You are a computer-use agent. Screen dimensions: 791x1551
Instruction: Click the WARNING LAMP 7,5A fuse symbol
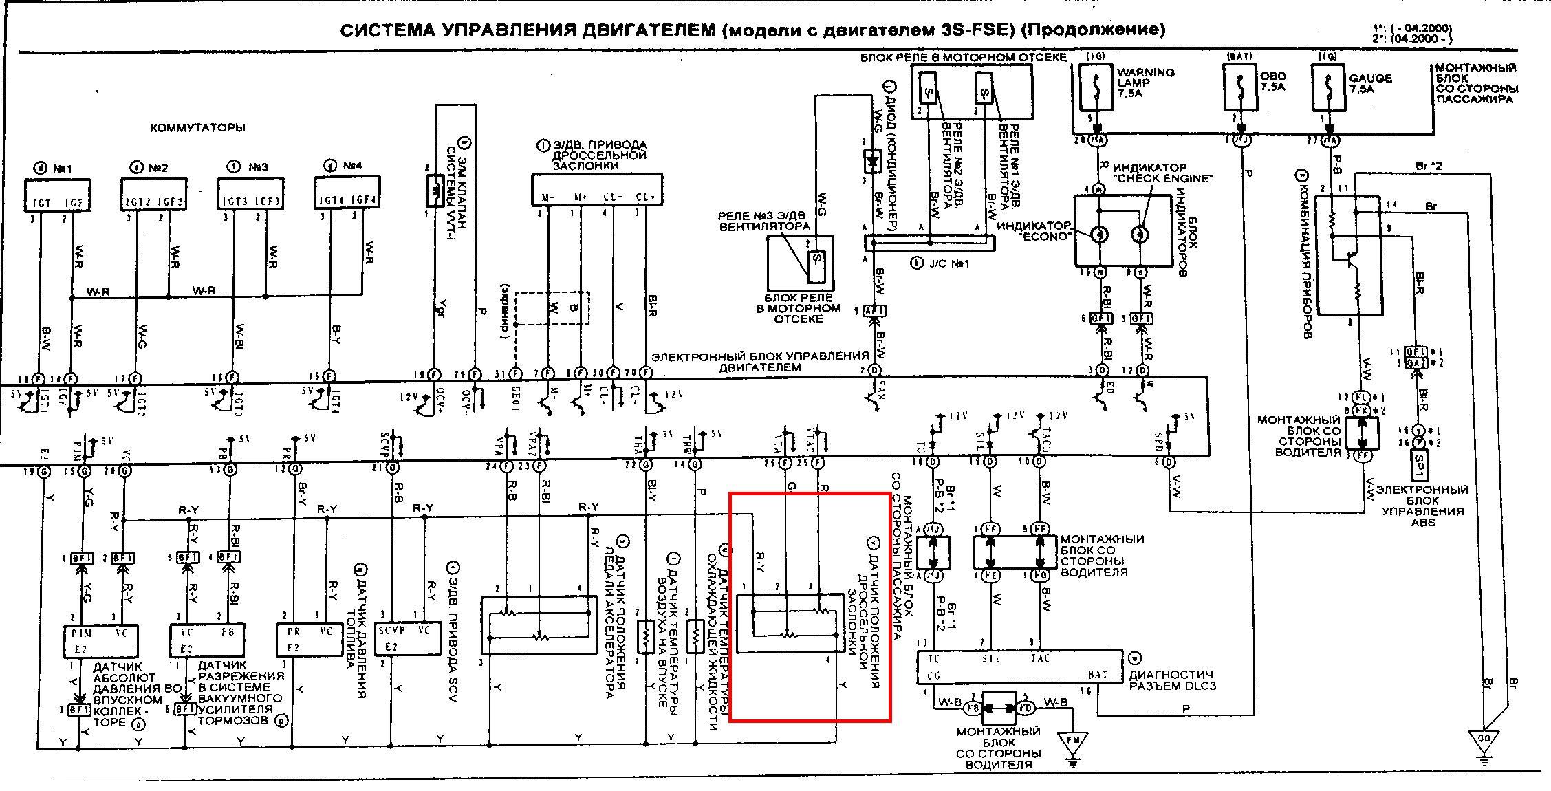coord(1096,87)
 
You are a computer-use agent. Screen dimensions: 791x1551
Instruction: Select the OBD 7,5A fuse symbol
coord(1241,87)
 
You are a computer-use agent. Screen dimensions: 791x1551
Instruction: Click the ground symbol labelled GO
coord(1484,741)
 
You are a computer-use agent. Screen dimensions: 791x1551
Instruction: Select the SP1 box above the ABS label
coord(1419,466)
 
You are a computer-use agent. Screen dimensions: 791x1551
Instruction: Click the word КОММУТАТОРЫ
coord(198,128)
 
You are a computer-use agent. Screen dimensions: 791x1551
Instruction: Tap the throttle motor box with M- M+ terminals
coord(595,189)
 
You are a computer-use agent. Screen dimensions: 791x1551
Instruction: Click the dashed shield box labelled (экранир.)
coord(552,309)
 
